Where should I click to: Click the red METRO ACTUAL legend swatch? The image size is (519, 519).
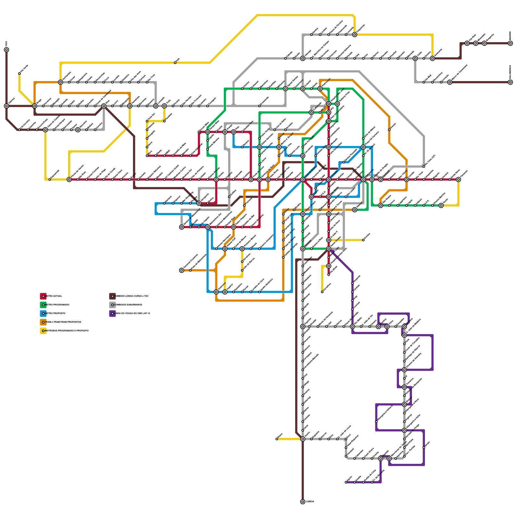43,296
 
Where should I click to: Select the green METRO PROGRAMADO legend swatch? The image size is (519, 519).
43,305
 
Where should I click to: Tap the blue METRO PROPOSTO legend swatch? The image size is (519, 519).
43,314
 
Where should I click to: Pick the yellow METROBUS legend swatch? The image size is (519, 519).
43,331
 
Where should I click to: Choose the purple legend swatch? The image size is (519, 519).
112,314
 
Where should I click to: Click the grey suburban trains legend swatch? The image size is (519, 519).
112,305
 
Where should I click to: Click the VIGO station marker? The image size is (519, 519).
6,50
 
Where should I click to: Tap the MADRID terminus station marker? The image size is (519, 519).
510,43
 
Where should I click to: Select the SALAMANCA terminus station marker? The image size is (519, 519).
510,82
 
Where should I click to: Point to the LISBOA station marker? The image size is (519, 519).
303,502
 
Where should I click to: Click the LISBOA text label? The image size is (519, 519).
310,502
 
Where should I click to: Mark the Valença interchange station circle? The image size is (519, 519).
6,106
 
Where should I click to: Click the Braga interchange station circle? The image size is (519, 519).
35,106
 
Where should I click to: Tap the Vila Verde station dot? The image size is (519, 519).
19,74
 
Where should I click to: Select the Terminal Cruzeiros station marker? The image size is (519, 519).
182,270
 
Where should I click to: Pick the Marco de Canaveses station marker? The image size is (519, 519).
450,82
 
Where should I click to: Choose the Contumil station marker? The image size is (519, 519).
380,179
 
